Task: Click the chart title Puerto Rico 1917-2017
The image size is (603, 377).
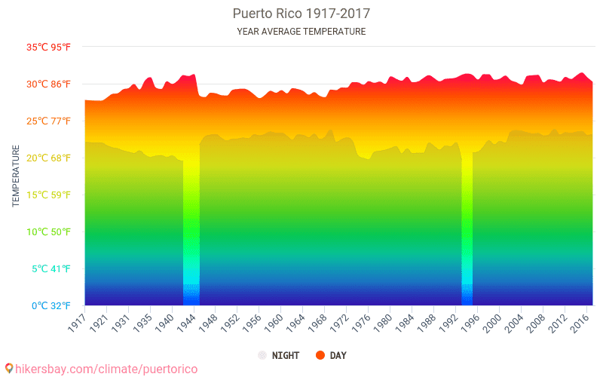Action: pyautogui.click(x=301, y=14)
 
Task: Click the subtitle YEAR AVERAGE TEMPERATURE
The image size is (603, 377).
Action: pyautogui.click(x=301, y=32)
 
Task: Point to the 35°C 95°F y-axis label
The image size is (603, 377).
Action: pyautogui.click(x=49, y=47)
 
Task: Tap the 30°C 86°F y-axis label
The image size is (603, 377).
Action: pyautogui.click(x=49, y=84)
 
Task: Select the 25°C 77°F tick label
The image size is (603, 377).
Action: pyautogui.click(x=49, y=121)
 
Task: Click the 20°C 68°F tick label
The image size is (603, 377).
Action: pyautogui.click(x=49, y=158)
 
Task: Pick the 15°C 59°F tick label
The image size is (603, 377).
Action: pyautogui.click(x=49, y=195)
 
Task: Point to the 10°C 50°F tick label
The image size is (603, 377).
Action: pyautogui.click(x=49, y=231)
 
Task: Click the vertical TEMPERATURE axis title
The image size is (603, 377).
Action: pyautogui.click(x=16, y=176)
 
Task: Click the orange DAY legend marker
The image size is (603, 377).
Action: pyautogui.click(x=320, y=355)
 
